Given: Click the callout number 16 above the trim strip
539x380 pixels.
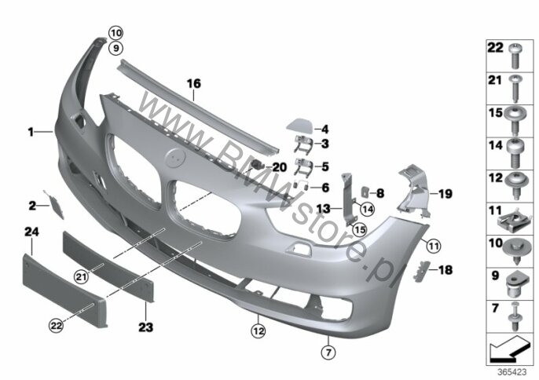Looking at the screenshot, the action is point(193,83).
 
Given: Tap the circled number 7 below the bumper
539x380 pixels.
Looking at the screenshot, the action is point(328,353).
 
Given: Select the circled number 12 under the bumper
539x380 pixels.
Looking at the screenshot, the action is point(258,331).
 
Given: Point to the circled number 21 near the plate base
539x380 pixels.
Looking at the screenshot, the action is point(81,276).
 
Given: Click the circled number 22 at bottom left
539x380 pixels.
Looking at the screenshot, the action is point(56,325).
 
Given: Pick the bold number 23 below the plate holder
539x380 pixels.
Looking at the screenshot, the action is point(146,327).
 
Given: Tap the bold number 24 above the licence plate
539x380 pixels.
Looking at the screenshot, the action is point(31,232).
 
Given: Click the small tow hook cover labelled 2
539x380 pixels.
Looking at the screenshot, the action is point(55,205).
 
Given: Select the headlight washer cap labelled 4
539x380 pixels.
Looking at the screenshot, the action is point(299,126).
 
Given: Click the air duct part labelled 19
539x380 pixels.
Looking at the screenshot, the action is point(414,191).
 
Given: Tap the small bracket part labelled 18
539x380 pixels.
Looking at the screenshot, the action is point(421,271).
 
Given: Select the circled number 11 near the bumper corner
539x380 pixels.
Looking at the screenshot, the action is point(434,246).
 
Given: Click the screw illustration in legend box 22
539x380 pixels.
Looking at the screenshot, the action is point(515,56).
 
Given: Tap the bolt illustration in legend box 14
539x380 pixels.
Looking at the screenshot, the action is point(515,153).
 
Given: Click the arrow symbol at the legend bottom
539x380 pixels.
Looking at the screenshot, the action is point(508,349).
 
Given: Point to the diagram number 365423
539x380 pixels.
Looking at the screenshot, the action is point(512,372).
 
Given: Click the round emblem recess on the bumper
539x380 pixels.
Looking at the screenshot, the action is point(175,157).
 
